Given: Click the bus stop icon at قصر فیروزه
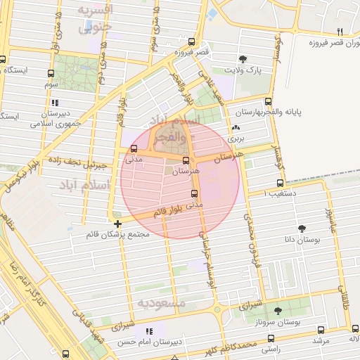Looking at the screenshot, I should point(192,42).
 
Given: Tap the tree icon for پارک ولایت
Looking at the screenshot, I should point(243,58).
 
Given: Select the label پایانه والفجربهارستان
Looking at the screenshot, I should point(305,112).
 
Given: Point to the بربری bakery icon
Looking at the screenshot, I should point(236,128).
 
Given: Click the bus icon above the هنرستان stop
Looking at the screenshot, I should point(186,160).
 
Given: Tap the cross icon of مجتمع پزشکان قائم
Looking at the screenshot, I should point(117,224).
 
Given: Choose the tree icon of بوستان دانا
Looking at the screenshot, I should point(302,228).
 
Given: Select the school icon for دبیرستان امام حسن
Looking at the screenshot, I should point(148,330).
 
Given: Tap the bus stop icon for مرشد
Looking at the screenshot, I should point(321,330).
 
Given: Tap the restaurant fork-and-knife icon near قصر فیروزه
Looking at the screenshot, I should point(340,32).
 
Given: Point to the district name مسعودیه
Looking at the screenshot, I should point(161,303).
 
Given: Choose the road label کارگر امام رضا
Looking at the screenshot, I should point(29,288).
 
